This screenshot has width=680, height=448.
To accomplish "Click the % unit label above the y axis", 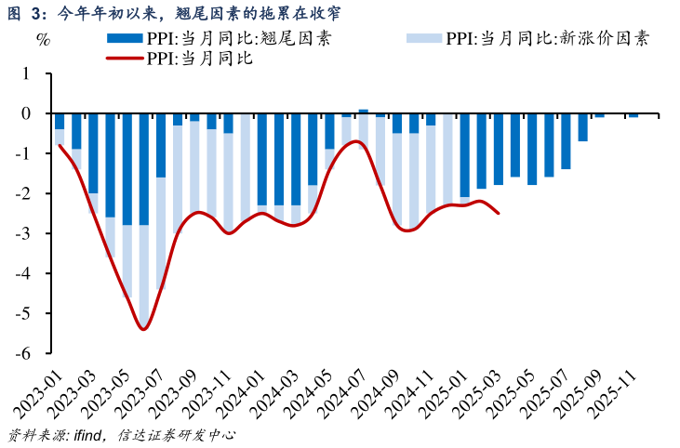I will coord(43,39).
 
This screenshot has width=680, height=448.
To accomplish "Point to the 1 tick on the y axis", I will coord(25,73).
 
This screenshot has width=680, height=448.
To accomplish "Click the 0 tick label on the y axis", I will coord(25,113).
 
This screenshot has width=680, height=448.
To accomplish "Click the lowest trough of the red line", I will coord(143,329).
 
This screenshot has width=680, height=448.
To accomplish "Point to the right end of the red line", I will coord(500,213).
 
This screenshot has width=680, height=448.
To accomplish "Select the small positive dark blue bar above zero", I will coord(364,112).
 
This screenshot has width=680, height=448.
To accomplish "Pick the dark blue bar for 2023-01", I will coord(60,122).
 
